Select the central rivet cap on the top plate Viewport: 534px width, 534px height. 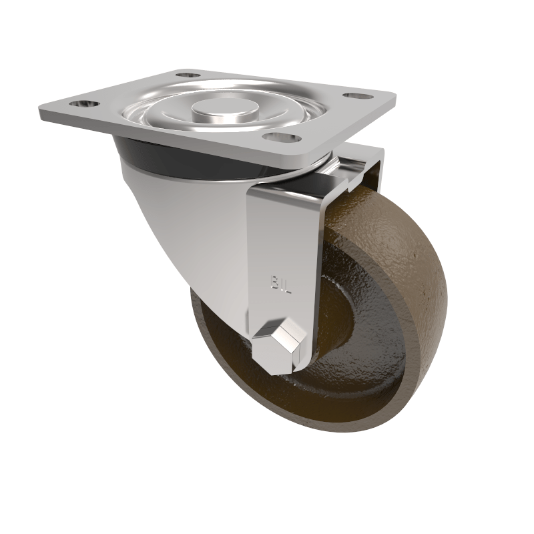[212, 109]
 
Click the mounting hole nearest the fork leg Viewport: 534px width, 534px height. [279, 138]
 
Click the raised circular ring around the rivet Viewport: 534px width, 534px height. [212, 123]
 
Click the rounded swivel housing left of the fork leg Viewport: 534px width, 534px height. [194, 227]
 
